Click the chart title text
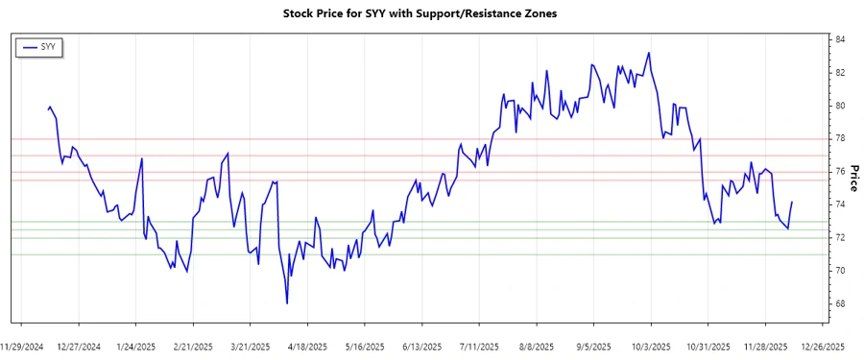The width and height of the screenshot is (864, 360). click(x=420, y=14)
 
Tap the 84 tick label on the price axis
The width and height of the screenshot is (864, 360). click(x=840, y=39)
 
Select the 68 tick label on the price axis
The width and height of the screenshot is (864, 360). click(x=840, y=304)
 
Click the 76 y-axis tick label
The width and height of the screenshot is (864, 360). click(x=840, y=172)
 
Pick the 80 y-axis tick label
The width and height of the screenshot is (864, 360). click(x=840, y=106)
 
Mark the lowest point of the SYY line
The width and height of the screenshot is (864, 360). click(x=287, y=303)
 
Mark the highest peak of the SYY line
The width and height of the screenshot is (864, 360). click(x=649, y=53)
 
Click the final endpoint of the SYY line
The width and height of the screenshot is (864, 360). click(x=792, y=202)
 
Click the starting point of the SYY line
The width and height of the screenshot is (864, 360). click(x=48, y=108)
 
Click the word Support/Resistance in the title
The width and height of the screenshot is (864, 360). click(x=468, y=14)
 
